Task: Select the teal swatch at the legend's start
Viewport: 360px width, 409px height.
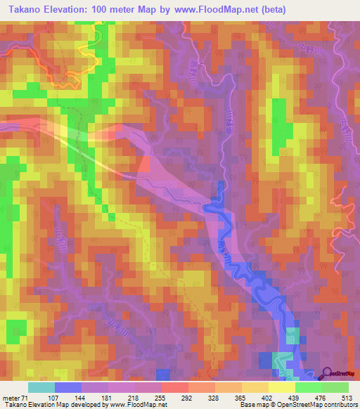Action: click(41, 388)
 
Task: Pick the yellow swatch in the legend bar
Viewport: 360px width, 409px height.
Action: click(281, 388)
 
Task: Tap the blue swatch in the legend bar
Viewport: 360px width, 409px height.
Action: click(68, 388)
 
